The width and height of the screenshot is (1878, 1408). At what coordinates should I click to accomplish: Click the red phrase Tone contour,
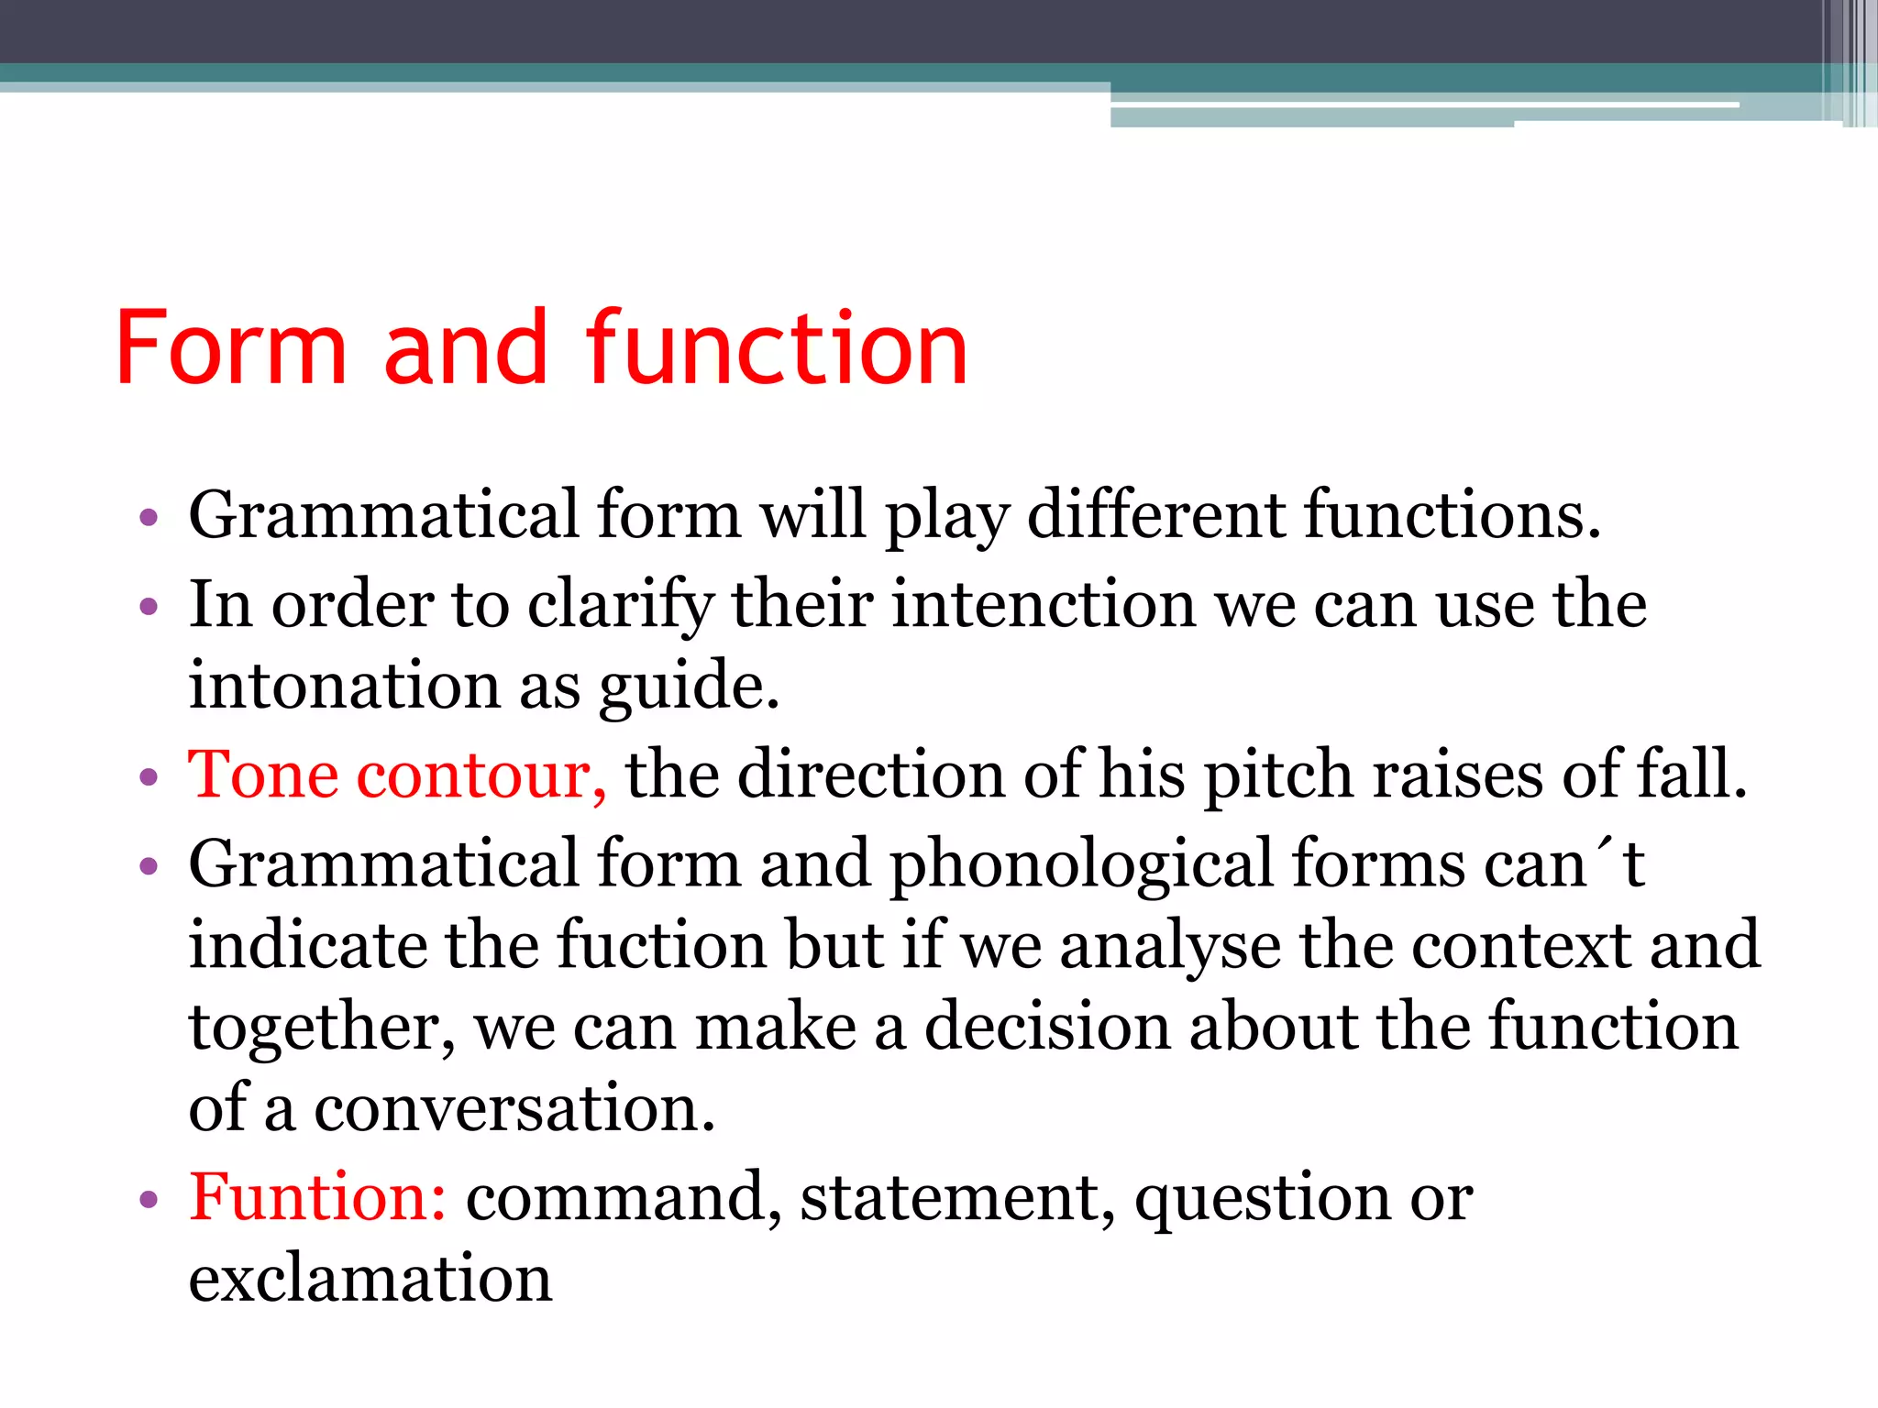point(396,775)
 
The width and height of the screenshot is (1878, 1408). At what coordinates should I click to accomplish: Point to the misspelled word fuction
point(660,944)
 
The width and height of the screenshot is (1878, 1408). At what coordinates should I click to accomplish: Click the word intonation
point(345,686)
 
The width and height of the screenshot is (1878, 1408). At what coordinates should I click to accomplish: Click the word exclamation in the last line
point(370,1278)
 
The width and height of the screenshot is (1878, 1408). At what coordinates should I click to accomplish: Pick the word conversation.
point(514,1107)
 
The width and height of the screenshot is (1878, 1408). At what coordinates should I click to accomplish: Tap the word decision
point(1046,1026)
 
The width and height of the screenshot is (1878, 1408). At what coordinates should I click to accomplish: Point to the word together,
point(321,1028)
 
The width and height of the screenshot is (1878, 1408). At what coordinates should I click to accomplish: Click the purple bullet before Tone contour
point(149,778)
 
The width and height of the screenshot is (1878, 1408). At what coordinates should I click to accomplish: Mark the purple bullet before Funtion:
point(149,1199)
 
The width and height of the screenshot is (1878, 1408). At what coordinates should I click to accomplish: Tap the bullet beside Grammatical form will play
point(149,518)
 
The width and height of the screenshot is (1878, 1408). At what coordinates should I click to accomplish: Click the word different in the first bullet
point(1155,515)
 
